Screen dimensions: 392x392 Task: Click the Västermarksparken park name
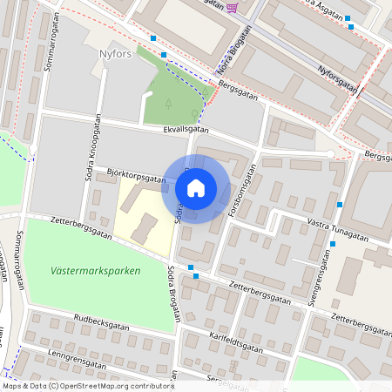tap(95, 271)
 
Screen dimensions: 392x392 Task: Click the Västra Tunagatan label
tap(339, 233)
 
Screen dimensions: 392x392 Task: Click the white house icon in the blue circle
tap(195, 188)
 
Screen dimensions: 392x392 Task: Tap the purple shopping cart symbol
tap(232, 8)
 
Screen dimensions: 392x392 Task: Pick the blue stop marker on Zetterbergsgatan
tap(196, 276)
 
